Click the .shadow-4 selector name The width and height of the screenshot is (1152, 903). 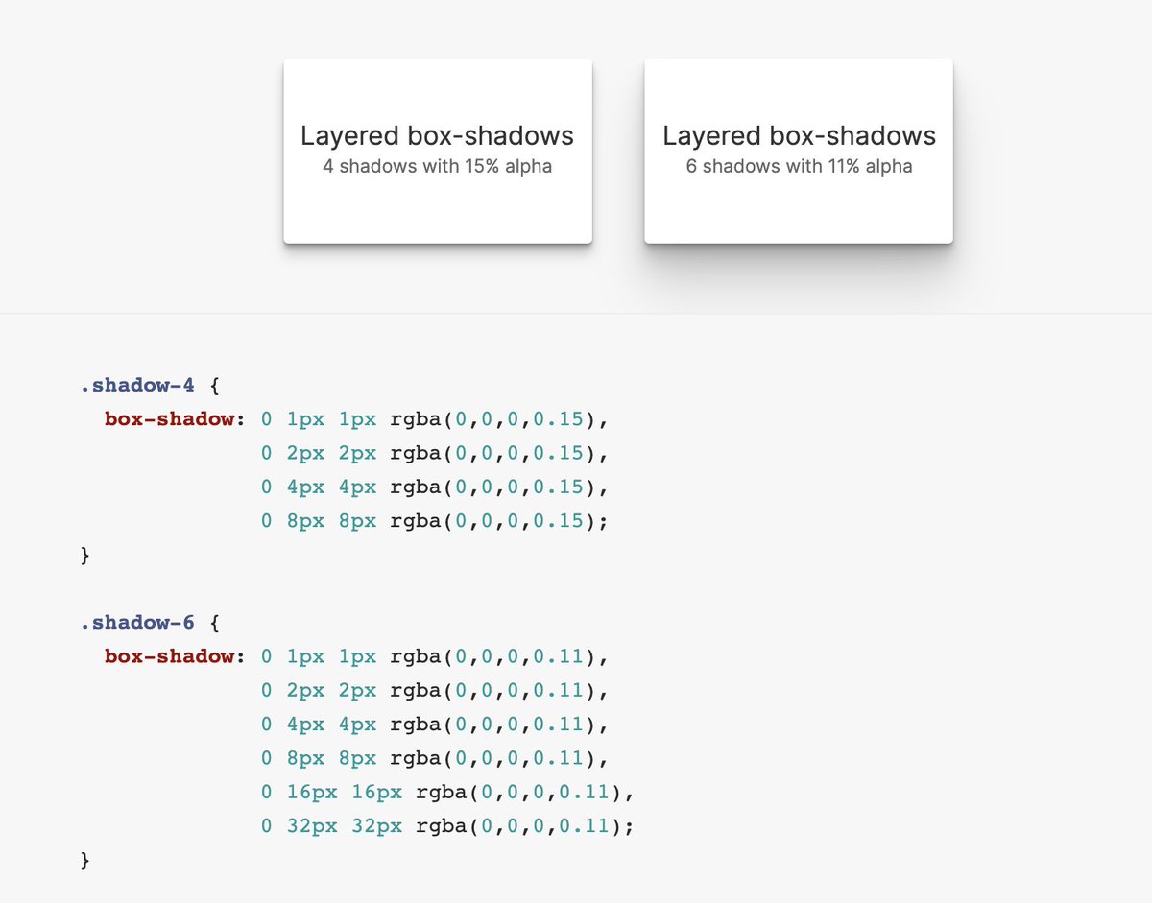click(137, 386)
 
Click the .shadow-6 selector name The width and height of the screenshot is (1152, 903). click(137, 623)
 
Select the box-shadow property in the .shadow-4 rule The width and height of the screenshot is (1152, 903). click(169, 419)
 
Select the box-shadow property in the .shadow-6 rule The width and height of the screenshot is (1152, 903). click(169, 656)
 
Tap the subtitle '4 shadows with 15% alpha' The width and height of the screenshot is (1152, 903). click(438, 166)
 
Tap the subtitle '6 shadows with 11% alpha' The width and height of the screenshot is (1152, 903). click(799, 166)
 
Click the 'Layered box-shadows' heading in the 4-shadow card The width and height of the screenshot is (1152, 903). click(438, 135)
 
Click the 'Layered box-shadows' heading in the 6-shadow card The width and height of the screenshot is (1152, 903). click(799, 135)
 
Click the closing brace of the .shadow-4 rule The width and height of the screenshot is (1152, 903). click(85, 555)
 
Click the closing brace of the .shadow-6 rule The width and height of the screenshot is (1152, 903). click(85, 860)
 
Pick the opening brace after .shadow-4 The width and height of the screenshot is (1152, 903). click(215, 386)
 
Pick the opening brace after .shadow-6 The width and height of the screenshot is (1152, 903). click(215, 623)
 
